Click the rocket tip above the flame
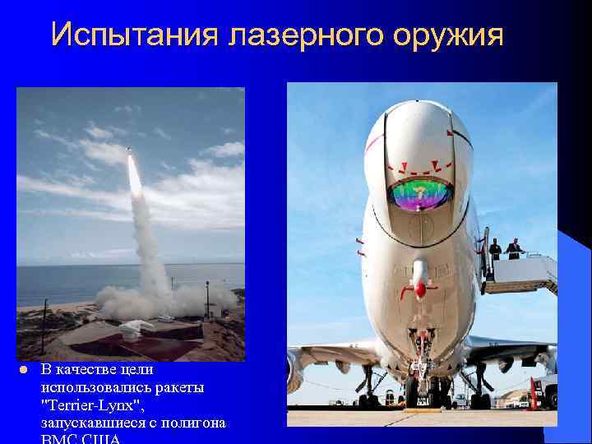pos(128,150)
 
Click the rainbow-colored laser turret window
pos(421,195)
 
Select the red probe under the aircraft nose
pos(420,289)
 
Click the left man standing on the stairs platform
pos(495,249)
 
